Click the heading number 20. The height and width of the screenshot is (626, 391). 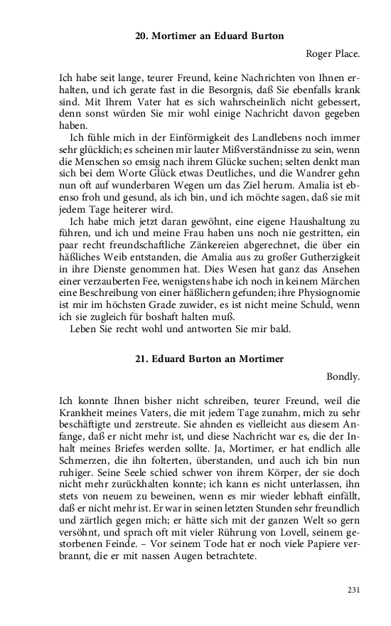pyautogui.click(x=141, y=36)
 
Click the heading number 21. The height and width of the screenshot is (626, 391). pyautogui.click(x=141, y=359)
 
